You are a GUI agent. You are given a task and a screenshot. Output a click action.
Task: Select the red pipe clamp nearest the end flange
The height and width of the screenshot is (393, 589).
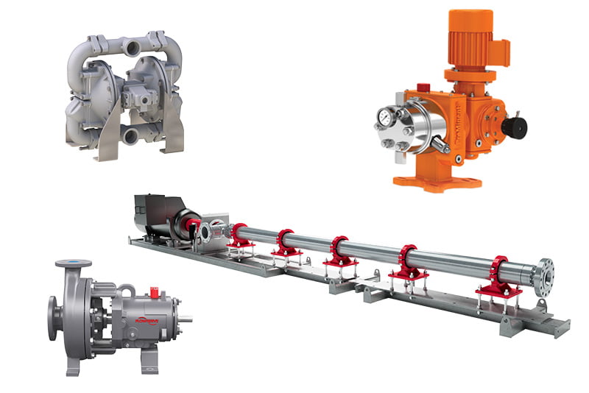[x=499, y=276]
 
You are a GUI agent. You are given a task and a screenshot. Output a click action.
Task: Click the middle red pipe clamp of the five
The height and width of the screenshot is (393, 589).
[x=340, y=249]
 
